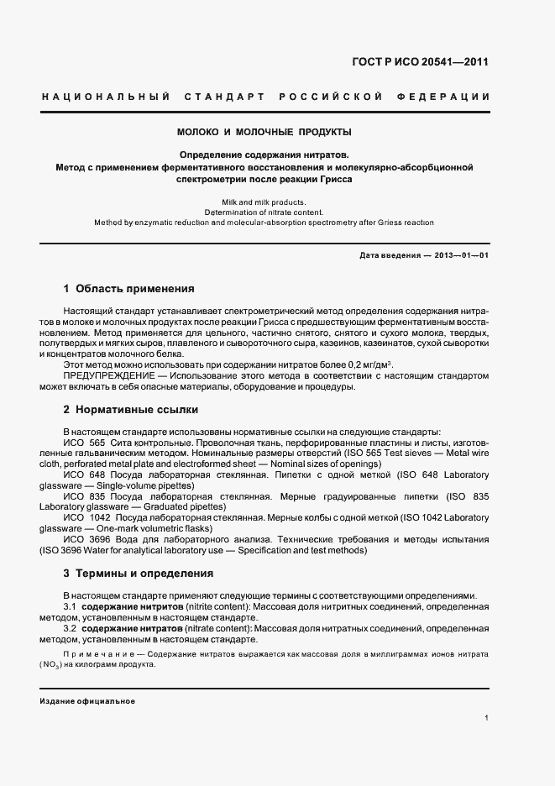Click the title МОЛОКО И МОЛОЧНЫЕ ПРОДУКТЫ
pyautogui.click(x=264, y=132)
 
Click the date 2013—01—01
pyautogui.click(x=462, y=254)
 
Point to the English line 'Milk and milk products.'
pyautogui.click(x=264, y=202)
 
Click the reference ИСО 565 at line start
pyautogui.click(x=84, y=442)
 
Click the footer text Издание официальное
pyautogui.click(x=87, y=701)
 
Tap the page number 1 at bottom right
pyautogui.click(x=487, y=718)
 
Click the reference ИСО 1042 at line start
pyautogui.click(x=87, y=518)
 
